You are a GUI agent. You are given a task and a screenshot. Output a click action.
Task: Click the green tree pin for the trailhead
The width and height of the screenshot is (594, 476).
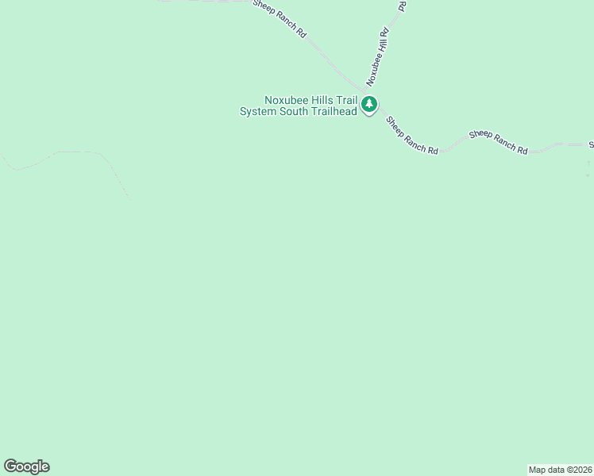point(368,105)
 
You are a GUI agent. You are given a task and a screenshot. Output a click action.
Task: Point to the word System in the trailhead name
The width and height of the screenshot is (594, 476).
point(259,112)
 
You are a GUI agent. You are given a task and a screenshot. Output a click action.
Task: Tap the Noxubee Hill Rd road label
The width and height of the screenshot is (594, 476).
point(377,57)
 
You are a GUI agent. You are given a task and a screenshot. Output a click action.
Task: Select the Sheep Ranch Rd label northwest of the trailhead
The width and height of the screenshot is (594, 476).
point(280,18)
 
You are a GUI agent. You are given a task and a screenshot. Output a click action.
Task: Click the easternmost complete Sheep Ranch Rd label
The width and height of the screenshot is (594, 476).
point(498,142)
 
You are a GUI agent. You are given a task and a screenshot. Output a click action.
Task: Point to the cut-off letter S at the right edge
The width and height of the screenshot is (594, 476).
point(591,145)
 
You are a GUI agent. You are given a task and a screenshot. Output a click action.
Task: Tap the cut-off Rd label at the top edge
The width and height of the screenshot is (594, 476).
point(402,5)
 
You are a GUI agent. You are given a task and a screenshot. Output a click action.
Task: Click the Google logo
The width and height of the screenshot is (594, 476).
point(26,466)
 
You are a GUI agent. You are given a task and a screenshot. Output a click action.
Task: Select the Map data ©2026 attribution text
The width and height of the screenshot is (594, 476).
point(561,470)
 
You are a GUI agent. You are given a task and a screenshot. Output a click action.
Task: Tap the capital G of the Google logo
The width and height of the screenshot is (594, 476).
point(10,466)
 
